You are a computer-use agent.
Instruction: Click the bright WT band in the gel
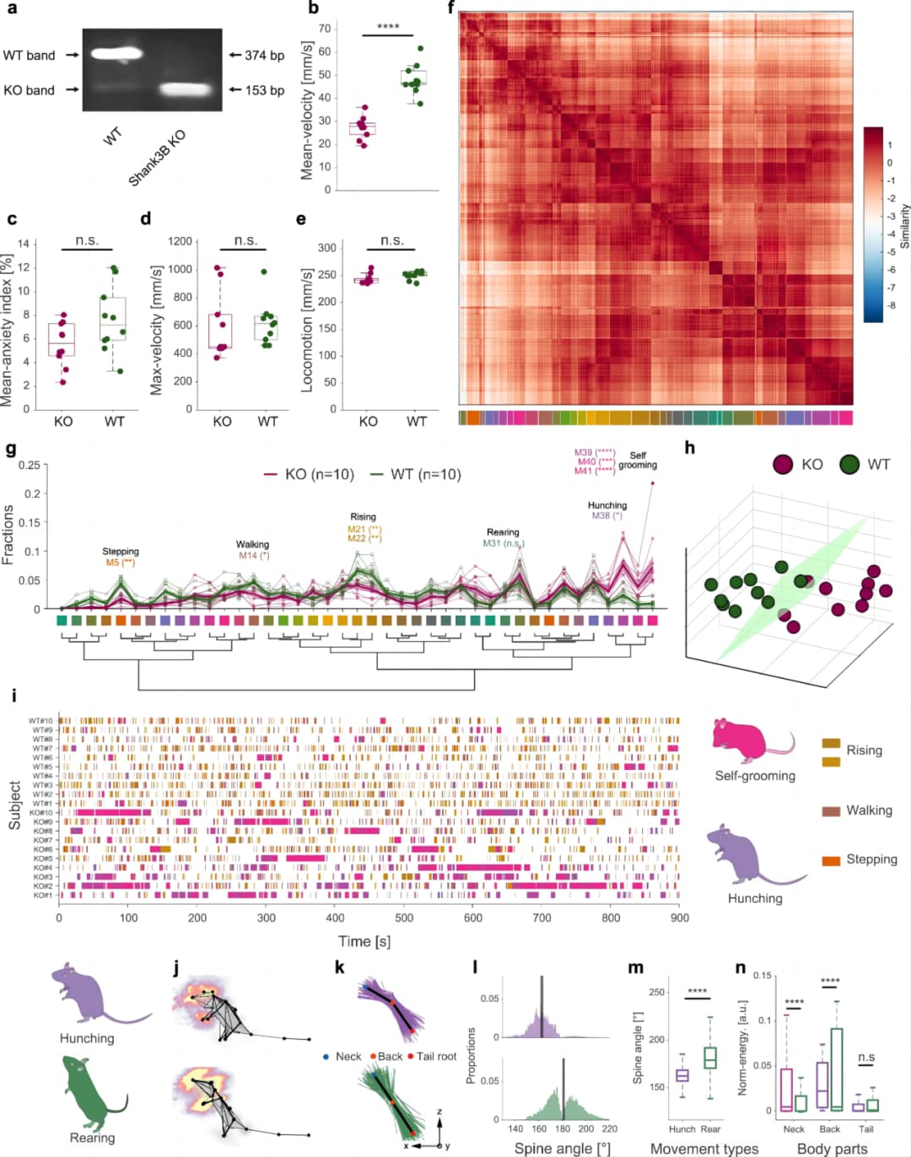[117, 55]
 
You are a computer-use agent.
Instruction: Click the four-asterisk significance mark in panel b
[388, 27]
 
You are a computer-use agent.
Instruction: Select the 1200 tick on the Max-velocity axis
[180, 241]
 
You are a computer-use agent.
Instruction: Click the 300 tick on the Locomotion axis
[326, 248]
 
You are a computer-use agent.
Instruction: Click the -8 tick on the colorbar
[891, 305]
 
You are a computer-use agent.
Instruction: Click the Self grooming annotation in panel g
[638, 460]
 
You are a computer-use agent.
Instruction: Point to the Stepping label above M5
[121, 552]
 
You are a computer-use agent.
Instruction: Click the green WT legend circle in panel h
[849, 465]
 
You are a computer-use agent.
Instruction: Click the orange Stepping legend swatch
[831, 860]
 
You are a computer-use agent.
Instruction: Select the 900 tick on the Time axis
[679, 918]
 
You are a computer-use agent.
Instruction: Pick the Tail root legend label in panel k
[436, 1057]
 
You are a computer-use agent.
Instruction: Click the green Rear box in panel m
[710, 1057]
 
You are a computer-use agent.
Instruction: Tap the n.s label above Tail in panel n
[866, 1057]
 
